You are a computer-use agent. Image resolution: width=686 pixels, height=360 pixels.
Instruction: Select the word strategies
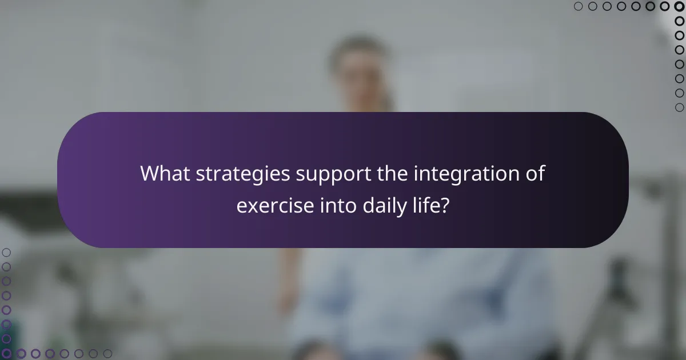244,174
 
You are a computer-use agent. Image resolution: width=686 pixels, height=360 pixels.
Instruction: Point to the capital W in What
150,174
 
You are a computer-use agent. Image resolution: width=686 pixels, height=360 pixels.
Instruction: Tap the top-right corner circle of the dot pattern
679,6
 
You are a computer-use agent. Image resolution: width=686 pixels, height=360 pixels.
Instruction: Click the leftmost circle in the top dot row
578,6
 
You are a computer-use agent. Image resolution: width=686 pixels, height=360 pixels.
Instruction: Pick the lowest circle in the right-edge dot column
679,107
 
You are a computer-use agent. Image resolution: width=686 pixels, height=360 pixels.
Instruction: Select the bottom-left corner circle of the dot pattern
6,354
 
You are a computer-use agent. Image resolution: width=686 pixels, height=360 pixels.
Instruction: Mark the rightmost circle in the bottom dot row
107,354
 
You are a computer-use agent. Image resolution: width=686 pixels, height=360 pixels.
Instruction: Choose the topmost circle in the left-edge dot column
6,252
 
